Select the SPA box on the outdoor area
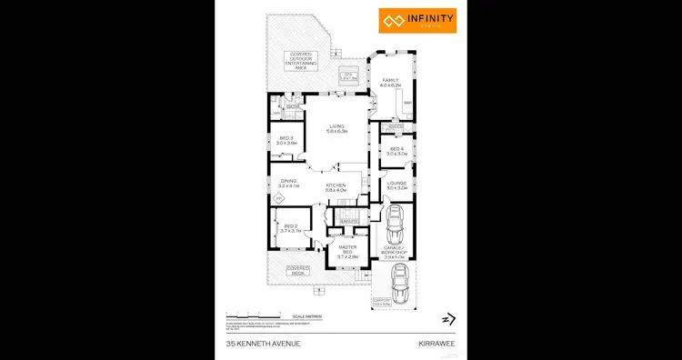(346, 76)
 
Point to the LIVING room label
(337, 129)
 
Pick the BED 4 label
(396, 151)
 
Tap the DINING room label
(288, 183)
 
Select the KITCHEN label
(336, 187)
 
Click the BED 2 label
(291, 228)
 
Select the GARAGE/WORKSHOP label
(395, 254)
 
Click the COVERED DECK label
(297, 270)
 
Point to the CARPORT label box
(380, 303)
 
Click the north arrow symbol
(446, 318)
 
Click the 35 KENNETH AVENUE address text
(257, 344)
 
